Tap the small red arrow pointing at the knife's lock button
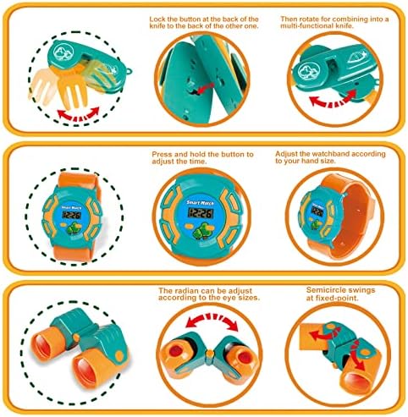point(205,88)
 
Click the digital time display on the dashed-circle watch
point(72,216)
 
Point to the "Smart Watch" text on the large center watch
point(201,203)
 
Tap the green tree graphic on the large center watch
point(202,231)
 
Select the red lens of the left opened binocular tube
point(175,351)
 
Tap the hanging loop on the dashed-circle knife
point(130,71)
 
